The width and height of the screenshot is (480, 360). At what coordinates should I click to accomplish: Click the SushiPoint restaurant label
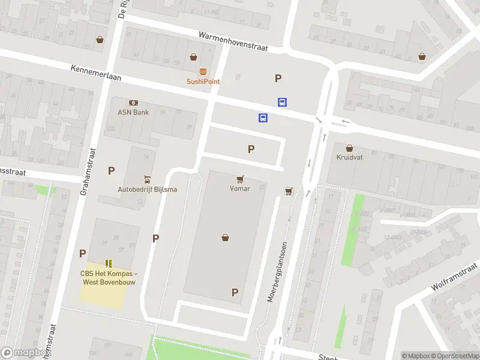tap(203, 81)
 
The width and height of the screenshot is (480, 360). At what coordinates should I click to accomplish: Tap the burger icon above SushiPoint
tap(203, 71)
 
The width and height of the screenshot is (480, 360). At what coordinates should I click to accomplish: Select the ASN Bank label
tap(133, 112)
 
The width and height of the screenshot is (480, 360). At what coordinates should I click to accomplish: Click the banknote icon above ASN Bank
tap(133, 103)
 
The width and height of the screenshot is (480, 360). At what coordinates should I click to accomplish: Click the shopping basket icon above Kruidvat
tap(350, 148)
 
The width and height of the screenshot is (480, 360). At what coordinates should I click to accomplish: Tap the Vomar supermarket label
tap(239, 188)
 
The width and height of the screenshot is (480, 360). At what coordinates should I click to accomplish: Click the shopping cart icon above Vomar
tap(241, 179)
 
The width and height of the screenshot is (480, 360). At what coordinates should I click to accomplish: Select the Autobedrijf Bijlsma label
tap(147, 190)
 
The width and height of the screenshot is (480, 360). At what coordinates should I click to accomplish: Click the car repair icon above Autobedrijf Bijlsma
tap(147, 180)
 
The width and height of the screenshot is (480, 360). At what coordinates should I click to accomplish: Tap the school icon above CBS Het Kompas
tap(109, 263)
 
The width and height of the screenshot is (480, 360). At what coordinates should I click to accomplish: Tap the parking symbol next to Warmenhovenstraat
tap(278, 78)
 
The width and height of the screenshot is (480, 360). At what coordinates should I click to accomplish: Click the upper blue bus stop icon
tap(282, 103)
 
